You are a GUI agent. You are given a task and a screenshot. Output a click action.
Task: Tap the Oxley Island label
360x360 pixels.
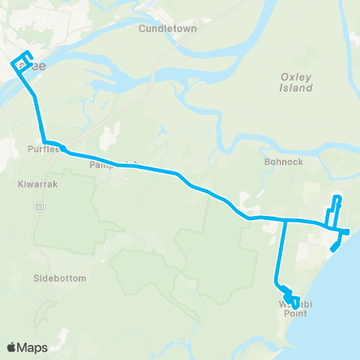click(x=296, y=82)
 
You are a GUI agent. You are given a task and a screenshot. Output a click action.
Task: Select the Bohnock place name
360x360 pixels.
click(x=282, y=160)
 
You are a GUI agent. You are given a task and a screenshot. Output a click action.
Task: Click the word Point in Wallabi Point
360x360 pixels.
click(x=295, y=313)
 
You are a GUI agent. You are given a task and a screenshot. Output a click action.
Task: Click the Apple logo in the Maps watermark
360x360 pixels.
click(x=11, y=347)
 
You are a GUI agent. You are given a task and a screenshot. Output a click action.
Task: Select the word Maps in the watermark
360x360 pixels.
click(x=33, y=347)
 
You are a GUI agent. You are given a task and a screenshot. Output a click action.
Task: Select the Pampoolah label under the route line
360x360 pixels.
click(x=105, y=164)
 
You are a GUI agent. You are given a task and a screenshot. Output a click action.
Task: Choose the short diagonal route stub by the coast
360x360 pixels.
click(x=337, y=243)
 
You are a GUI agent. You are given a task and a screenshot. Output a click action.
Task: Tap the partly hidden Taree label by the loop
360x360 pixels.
click(x=36, y=66)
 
